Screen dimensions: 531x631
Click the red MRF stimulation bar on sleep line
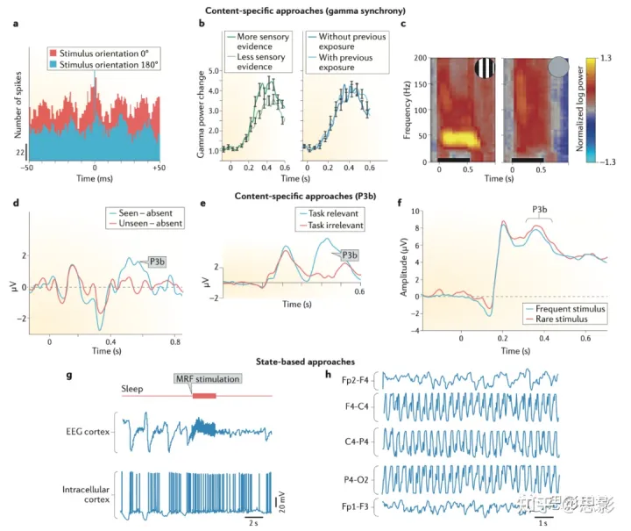203,396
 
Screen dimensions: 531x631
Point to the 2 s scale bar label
252,524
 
